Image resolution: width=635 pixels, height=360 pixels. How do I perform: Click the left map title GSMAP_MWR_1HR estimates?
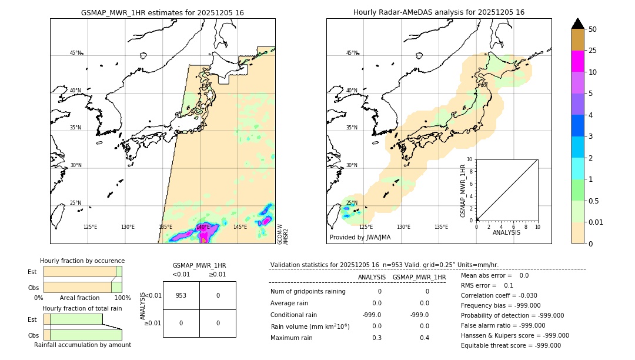[162, 12]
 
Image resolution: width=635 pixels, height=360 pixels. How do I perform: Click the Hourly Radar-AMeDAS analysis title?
[439, 12]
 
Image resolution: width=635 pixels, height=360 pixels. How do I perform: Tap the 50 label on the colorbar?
[593, 29]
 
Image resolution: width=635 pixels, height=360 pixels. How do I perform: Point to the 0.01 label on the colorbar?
[596, 222]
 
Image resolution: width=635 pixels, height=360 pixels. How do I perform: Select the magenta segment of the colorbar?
[578, 61]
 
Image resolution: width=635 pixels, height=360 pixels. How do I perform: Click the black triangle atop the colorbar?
[578, 24]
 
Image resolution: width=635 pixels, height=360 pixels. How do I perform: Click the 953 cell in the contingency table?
[181, 295]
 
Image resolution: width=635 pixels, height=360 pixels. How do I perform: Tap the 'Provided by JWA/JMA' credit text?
[360, 237]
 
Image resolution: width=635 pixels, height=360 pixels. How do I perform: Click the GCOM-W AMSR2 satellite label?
[283, 234]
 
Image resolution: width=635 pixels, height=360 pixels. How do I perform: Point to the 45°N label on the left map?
[75, 53]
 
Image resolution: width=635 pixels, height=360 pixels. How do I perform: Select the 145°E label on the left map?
[240, 227]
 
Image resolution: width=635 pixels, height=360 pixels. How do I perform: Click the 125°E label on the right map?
[366, 227]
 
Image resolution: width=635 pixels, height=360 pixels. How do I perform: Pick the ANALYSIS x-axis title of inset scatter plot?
[507, 233]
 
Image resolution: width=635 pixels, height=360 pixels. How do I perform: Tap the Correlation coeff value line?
[500, 295]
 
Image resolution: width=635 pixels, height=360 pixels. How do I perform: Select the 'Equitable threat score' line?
[511, 345]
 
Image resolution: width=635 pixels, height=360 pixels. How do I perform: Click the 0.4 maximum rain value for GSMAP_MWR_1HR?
[424, 338]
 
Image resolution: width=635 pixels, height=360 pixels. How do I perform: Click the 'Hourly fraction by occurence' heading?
[82, 261]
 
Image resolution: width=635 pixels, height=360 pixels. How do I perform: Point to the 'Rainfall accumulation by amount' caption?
[82, 345]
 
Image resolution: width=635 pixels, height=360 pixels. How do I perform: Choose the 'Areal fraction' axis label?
[79, 298]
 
